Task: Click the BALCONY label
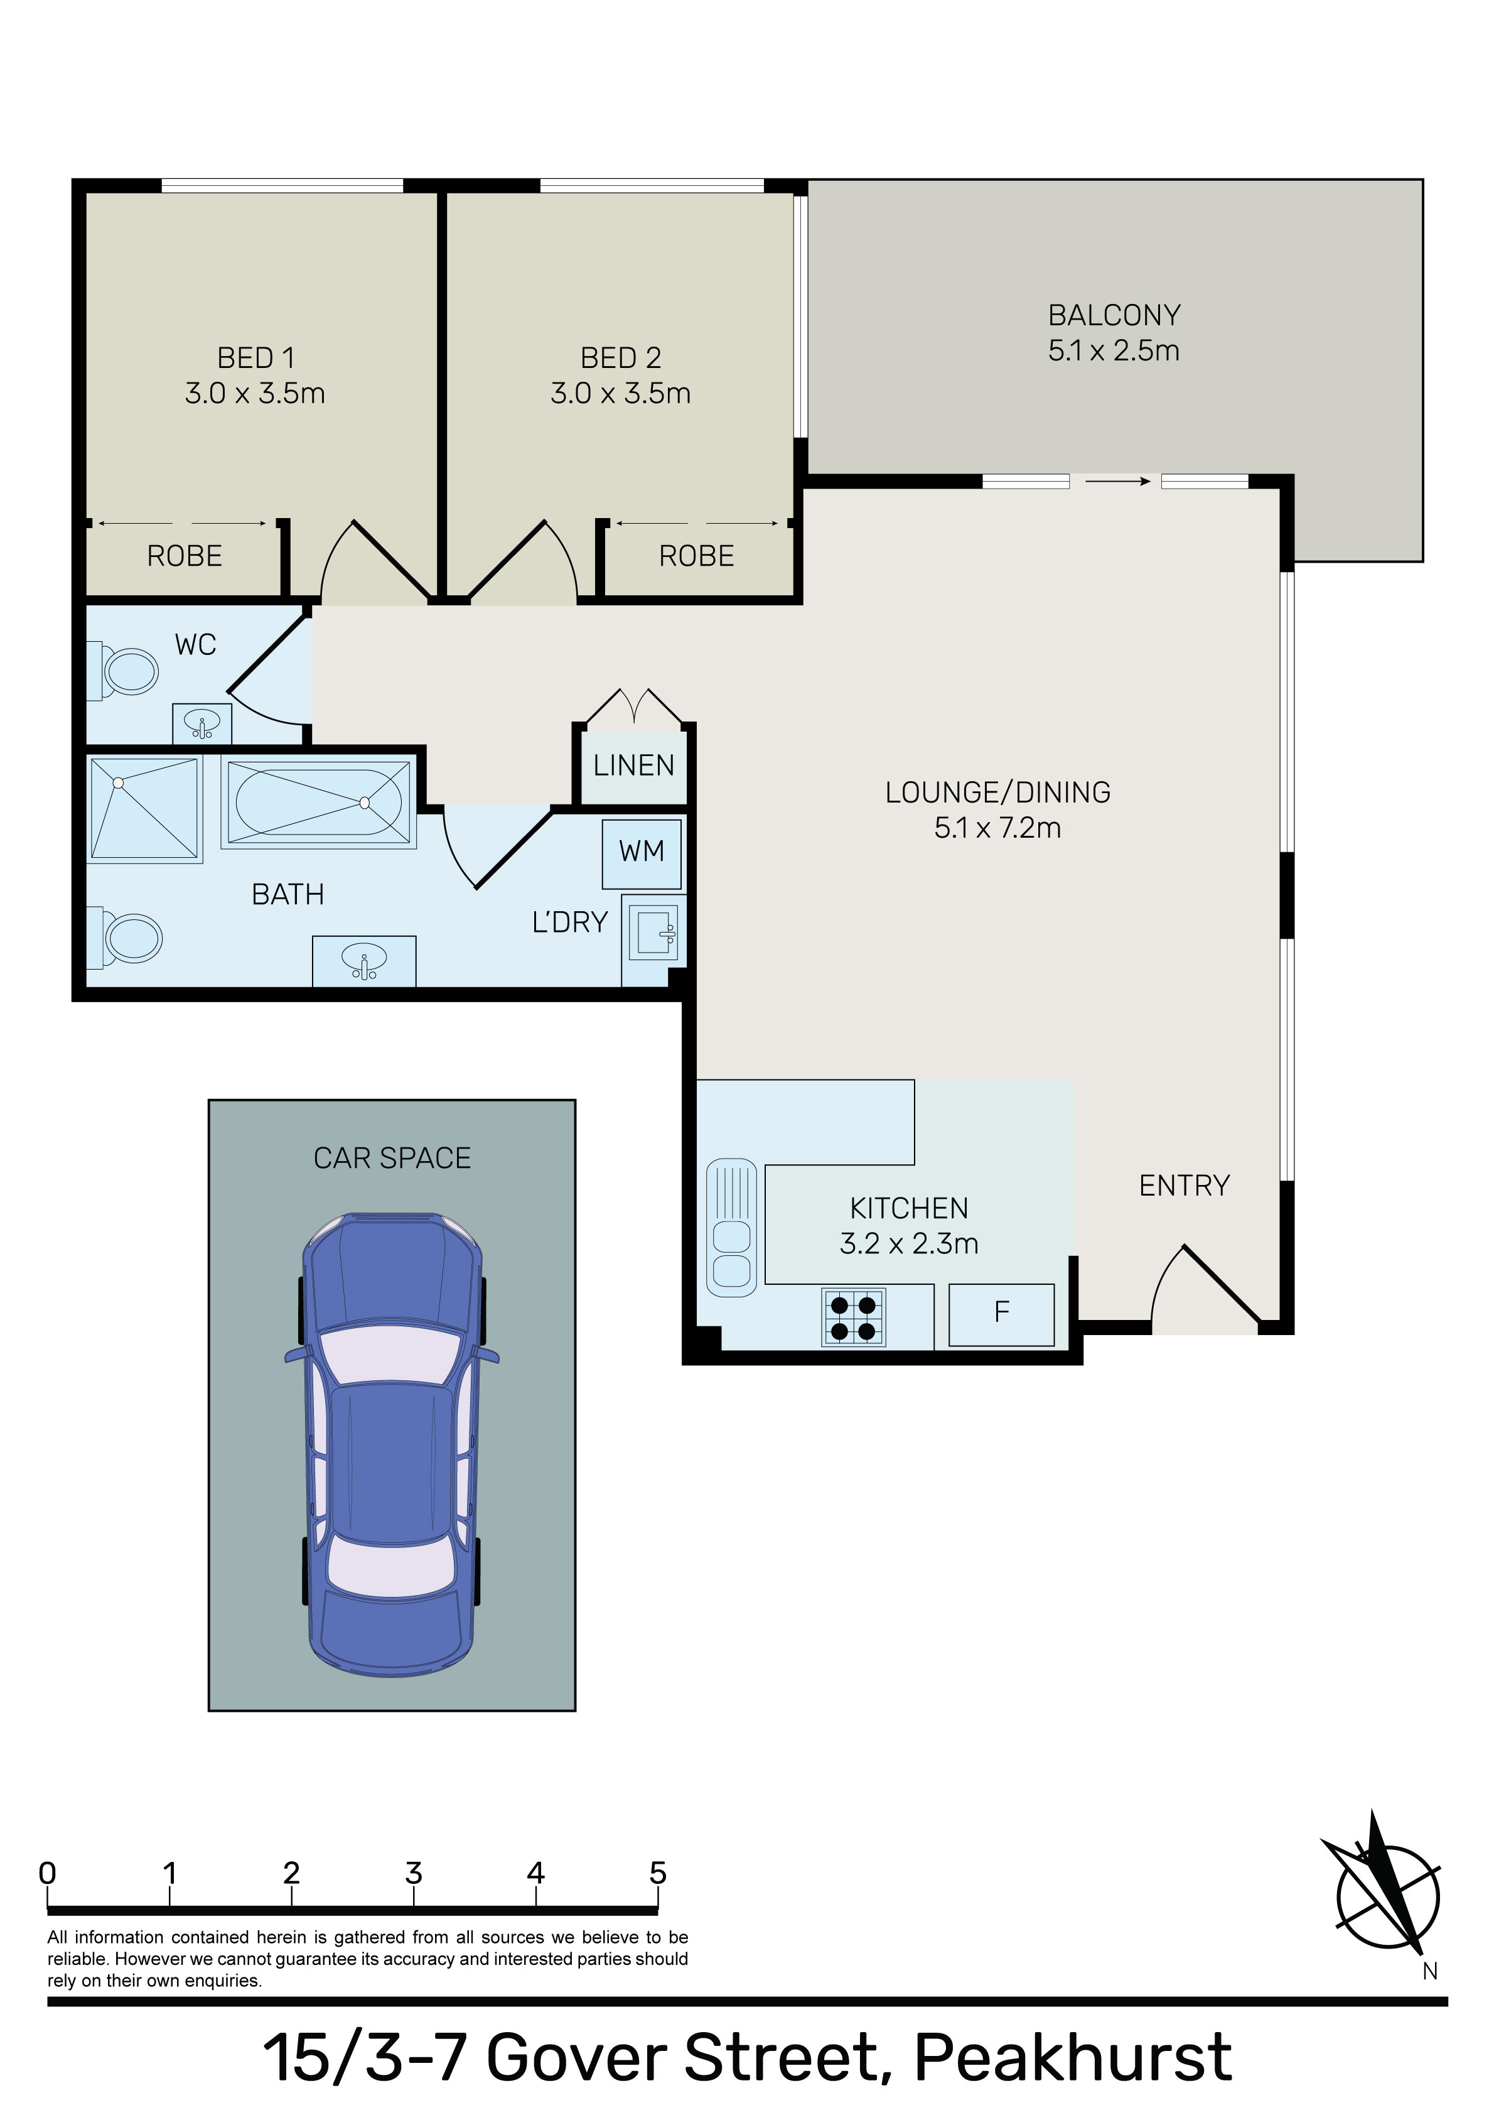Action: pos(1114,315)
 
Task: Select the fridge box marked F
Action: pos(1001,1314)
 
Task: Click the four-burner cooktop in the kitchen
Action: pos(853,1317)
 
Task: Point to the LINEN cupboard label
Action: pos(634,765)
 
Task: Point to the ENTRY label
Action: pos(1185,1186)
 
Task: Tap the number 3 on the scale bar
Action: pos(414,1873)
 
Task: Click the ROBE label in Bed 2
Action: pos(696,556)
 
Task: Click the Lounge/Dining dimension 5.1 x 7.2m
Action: pos(997,828)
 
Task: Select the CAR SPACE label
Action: pos(392,1158)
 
